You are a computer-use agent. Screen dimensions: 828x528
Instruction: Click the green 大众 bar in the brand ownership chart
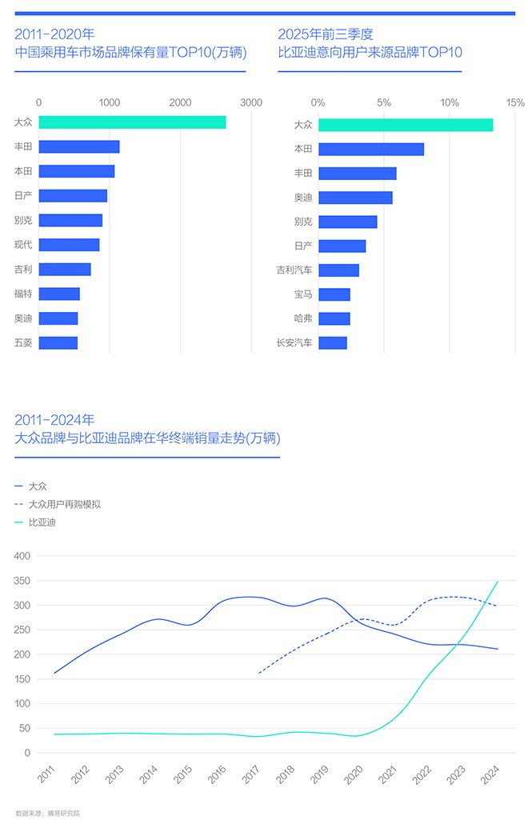pos(132,122)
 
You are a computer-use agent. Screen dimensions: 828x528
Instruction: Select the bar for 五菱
pos(58,343)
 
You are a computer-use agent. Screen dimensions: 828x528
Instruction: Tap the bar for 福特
pos(59,294)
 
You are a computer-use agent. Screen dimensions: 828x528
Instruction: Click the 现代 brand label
pos(23,245)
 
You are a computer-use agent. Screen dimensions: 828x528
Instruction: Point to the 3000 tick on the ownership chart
pos(251,102)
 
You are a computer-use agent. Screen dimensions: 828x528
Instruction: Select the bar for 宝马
pos(334,294)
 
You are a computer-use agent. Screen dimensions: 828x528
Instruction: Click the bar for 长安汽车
pos(333,343)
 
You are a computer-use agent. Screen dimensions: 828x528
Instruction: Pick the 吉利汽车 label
pos(294,270)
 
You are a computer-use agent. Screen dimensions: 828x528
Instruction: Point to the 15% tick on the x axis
pos(515,102)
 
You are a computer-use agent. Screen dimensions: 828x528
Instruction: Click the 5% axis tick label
pos(384,102)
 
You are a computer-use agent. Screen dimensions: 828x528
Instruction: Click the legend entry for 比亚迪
pos(42,523)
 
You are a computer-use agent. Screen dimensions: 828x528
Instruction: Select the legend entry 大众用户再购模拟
pos(64,505)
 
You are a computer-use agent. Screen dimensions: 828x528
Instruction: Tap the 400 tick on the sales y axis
pos(22,556)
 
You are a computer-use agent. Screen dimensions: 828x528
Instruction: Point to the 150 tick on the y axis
pos(22,679)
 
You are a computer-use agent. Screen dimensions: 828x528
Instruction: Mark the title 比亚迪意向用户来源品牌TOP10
pos(370,54)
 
